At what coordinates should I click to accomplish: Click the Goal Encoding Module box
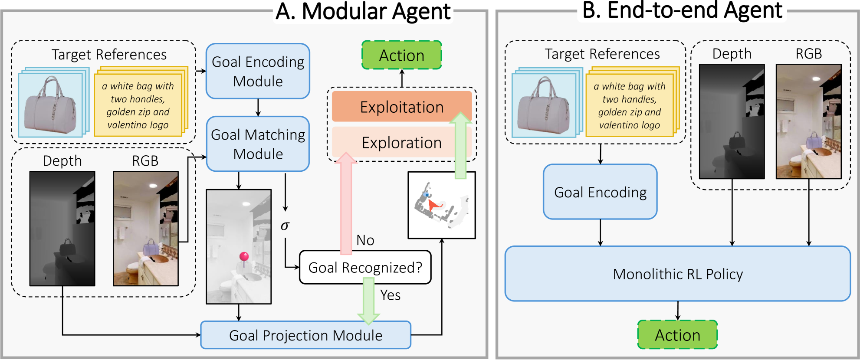point(258,71)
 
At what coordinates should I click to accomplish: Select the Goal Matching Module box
point(258,144)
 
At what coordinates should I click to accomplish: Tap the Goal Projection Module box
point(305,335)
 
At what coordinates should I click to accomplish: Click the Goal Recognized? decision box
point(365,268)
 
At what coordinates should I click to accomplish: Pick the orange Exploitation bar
point(401,107)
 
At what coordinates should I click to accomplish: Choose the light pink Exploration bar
point(401,143)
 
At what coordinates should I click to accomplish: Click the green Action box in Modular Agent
point(401,56)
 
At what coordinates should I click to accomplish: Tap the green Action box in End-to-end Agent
point(677,335)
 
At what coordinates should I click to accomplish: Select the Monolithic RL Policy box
point(677,274)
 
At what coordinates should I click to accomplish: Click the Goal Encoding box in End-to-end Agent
point(600,192)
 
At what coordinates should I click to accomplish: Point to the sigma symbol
point(285,226)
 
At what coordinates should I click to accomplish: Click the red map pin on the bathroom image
point(244,257)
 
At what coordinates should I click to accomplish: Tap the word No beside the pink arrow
point(365,240)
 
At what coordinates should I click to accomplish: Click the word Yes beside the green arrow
point(390,295)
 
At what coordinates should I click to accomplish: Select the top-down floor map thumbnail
point(441,205)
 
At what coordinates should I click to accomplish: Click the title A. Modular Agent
point(363,11)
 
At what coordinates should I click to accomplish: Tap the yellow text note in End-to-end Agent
point(630,105)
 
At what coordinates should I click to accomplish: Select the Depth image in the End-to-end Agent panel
point(732,121)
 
